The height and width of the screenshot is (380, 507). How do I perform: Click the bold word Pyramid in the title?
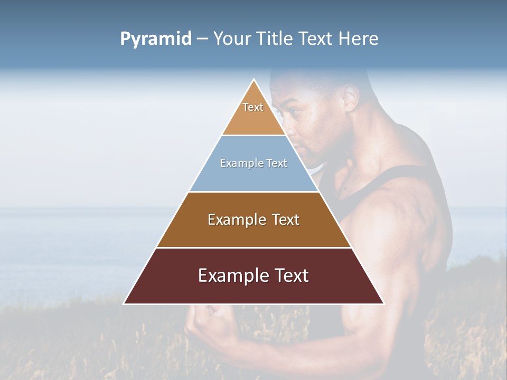click(x=155, y=39)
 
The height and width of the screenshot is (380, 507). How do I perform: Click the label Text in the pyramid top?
click(x=253, y=107)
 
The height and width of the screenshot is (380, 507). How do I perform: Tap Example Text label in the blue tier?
click(x=253, y=163)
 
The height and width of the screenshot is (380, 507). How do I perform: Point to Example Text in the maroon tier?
click(x=253, y=275)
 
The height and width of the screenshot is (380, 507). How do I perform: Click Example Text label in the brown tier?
click(x=253, y=220)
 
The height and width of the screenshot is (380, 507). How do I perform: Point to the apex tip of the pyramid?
click(x=254, y=80)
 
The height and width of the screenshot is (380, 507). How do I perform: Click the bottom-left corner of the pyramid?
click(x=125, y=303)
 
